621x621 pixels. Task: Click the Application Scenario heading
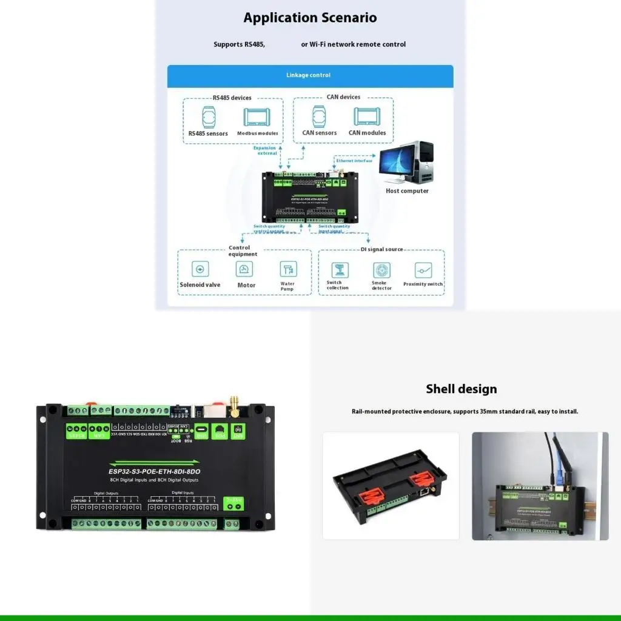[310, 18]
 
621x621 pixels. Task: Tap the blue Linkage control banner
[310, 75]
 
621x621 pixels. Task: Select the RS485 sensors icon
[208, 116]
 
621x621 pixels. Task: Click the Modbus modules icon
[257, 117]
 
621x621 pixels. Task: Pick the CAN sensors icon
[320, 116]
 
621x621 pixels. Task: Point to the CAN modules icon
[367, 116]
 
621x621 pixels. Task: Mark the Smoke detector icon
[381, 270]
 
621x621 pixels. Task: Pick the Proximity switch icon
[423, 270]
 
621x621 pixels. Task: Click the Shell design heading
[461, 389]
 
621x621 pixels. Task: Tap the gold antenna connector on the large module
[232, 406]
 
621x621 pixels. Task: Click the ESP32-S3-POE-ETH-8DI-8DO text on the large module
[159, 471]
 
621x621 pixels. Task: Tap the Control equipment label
[240, 250]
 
